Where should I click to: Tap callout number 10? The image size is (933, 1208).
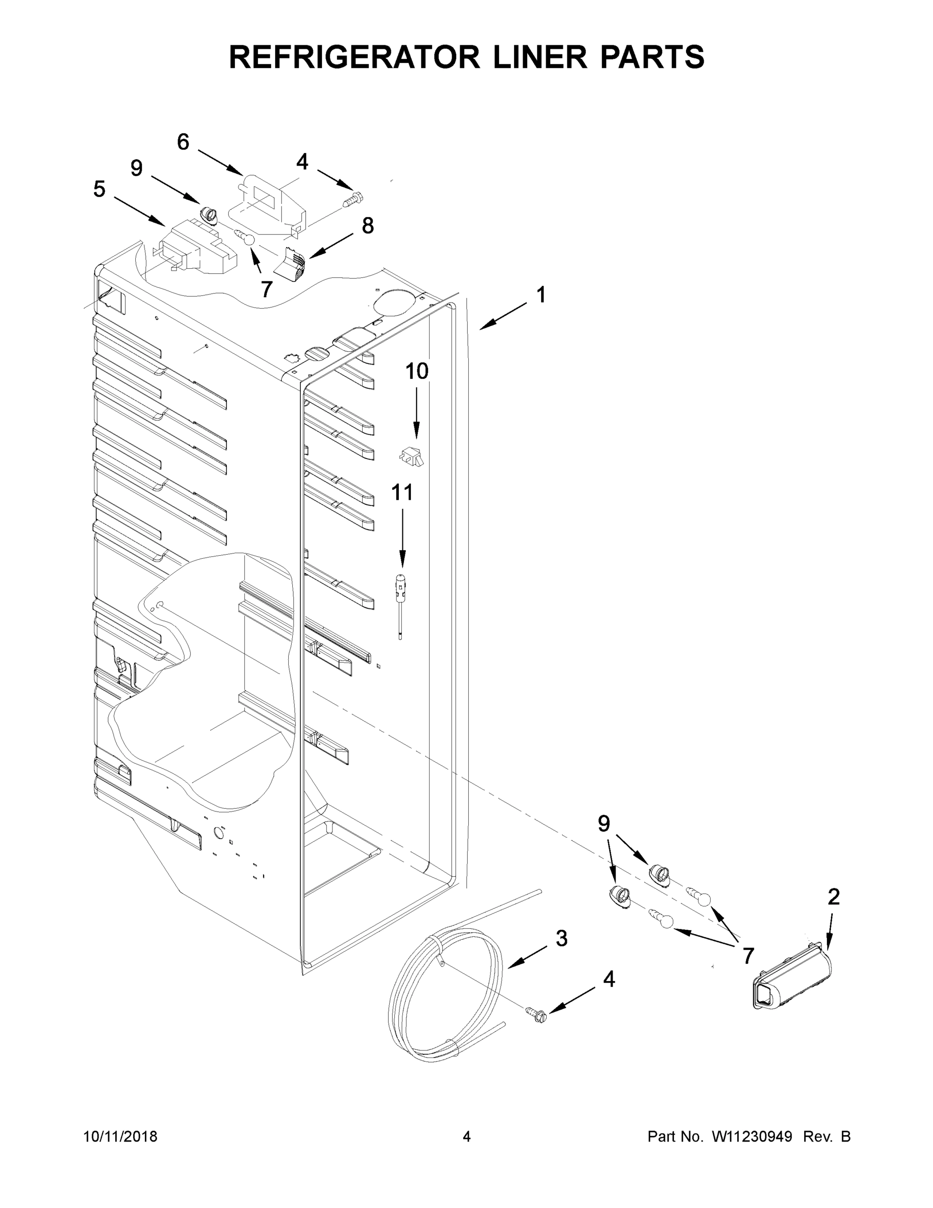click(x=417, y=371)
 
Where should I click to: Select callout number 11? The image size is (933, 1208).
click(x=402, y=492)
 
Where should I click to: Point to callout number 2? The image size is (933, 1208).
click(x=833, y=896)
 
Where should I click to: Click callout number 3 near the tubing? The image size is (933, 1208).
click(x=561, y=938)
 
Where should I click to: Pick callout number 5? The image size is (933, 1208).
click(x=99, y=189)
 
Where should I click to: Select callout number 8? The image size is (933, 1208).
click(x=368, y=225)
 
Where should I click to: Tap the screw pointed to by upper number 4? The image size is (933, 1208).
click(x=353, y=199)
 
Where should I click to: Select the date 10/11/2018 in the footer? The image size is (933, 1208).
click(x=121, y=1136)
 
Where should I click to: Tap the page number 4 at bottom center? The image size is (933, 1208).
click(x=467, y=1136)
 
